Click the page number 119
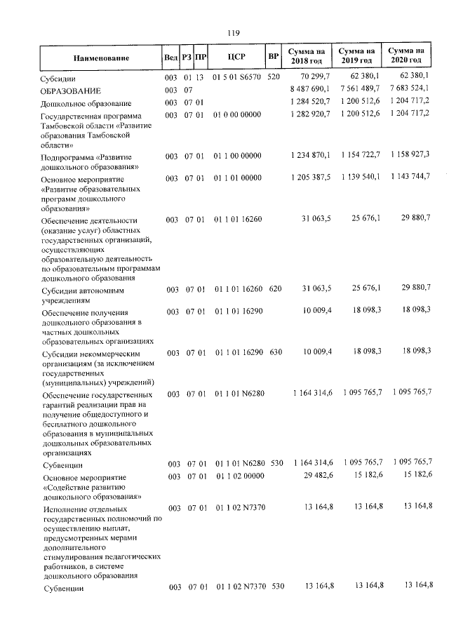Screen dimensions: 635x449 click(234, 32)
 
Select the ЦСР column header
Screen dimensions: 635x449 click(236, 56)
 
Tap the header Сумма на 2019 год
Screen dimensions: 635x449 click(356, 56)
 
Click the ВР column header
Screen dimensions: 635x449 click(274, 56)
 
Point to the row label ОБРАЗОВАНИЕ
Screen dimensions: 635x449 click(71, 91)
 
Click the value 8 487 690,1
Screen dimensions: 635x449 click(309, 91)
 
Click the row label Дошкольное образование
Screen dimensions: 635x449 click(86, 104)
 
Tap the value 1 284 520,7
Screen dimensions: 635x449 click(309, 103)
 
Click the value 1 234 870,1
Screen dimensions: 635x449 click(309, 154)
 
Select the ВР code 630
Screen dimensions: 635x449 click(275, 352)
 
